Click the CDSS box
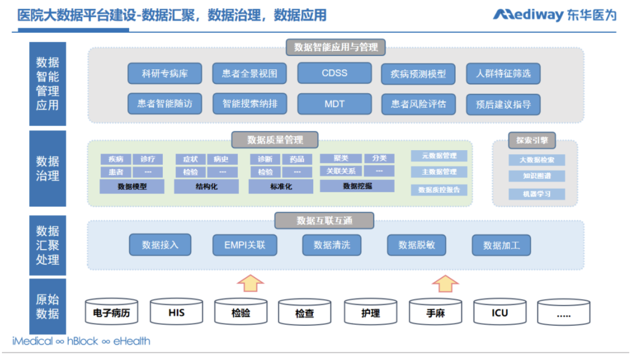(x=334, y=73)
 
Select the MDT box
(x=334, y=104)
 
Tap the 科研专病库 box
(x=164, y=74)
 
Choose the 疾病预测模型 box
(x=418, y=74)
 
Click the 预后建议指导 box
(x=503, y=104)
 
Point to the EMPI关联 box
(x=245, y=245)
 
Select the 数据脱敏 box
(x=417, y=245)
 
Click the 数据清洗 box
(x=331, y=245)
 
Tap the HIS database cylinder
(x=176, y=313)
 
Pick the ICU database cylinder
(x=499, y=313)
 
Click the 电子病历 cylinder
(x=112, y=313)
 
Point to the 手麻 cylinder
(x=435, y=313)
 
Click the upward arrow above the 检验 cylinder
(x=250, y=283)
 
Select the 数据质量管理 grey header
(x=275, y=140)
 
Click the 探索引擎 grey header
(x=532, y=140)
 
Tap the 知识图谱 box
(x=537, y=176)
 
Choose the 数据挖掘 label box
(x=357, y=186)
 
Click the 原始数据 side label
(x=47, y=306)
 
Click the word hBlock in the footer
(x=83, y=341)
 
